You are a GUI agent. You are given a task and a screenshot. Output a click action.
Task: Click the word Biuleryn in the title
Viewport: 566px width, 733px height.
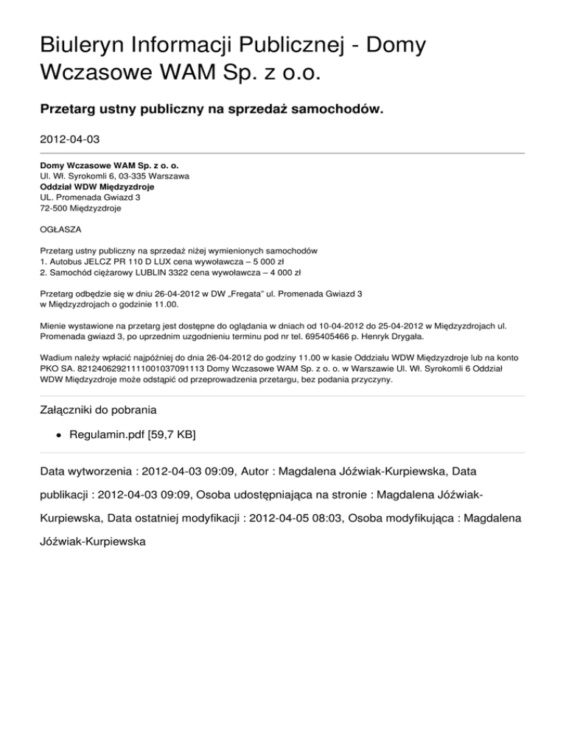[88, 46]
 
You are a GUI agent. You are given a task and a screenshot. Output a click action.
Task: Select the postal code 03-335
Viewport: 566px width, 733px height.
[130, 177]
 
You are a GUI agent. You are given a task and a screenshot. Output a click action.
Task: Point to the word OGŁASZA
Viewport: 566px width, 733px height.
[61, 229]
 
